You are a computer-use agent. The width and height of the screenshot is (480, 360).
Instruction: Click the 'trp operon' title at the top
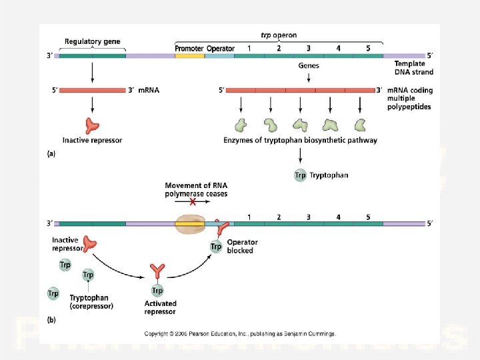point(279,35)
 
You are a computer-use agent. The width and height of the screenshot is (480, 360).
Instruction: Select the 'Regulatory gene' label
point(92,41)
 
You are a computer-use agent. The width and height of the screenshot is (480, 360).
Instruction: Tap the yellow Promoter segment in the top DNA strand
point(189,56)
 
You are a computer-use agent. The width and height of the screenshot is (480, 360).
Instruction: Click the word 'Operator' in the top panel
point(220,49)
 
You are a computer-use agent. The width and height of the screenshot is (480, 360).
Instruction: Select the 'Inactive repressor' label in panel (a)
point(92,140)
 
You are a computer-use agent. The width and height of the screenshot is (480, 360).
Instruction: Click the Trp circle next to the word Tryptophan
point(301,175)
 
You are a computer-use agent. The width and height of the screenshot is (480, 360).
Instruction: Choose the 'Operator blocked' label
point(240,246)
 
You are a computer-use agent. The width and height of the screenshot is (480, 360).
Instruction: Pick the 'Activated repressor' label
point(160,307)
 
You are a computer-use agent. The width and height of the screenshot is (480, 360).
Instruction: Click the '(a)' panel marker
point(51,153)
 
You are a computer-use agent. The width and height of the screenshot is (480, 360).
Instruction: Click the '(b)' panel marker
point(51,320)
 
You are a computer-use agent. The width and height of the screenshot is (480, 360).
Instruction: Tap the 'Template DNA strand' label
point(409,67)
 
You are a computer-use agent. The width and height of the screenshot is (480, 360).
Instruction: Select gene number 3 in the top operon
point(309,49)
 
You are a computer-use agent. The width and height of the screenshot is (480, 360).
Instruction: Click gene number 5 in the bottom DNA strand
point(368,217)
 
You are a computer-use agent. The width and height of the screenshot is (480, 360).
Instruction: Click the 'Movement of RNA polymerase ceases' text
point(196,189)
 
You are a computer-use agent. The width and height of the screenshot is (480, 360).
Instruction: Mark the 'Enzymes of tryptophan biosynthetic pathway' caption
point(300,140)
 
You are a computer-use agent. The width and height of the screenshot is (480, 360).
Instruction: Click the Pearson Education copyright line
point(240,333)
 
